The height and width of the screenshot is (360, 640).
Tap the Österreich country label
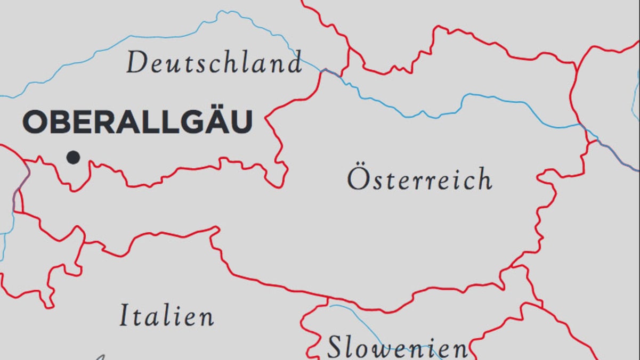click(x=419, y=179)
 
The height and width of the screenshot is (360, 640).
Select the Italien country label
click(x=166, y=315)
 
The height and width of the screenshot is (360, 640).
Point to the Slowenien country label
click(x=397, y=348)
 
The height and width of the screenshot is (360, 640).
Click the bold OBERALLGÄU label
click(x=137, y=122)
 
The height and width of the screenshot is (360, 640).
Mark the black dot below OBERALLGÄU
click(x=73, y=157)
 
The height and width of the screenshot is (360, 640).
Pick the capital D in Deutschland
click(x=136, y=63)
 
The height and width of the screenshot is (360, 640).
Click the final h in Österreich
click(x=483, y=179)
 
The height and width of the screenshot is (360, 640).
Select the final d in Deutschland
click(x=293, y=63)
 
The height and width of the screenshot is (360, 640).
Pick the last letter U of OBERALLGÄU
click(x=240, y=122)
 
